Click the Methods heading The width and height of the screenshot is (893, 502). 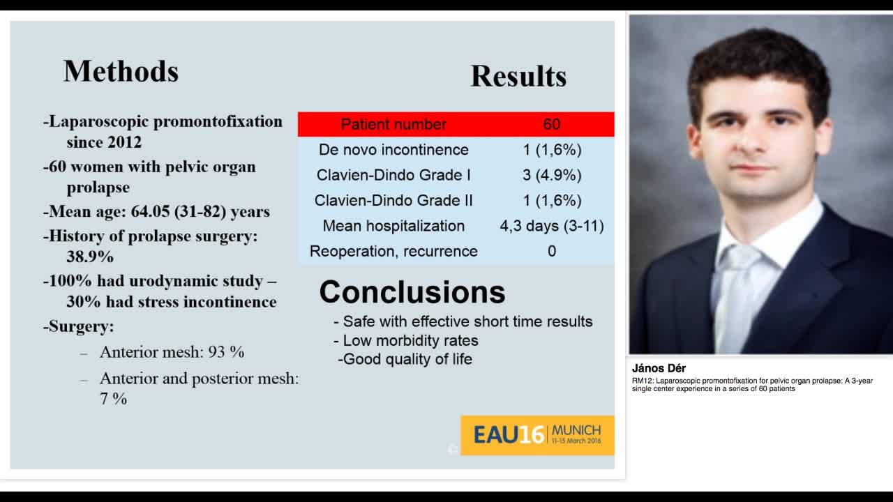pyautogui.click(x=121, y=71)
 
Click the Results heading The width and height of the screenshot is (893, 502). pyautogui.click(x=518, y=76)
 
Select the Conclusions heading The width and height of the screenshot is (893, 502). pyautogui.click(x=412, y=292)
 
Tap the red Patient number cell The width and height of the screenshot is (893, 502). pyautogui.click(x=393, y=124)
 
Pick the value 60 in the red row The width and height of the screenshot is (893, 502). pyautogui.click(x=551, y=124)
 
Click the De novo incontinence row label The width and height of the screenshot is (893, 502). pyautogui.click(x=393, y=149)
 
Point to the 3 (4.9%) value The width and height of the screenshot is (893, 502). pyautogui.click(x=551, y=175)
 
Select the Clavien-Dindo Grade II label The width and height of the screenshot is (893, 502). pyautogui.click(x=393, y=200)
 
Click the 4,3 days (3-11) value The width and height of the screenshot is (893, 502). pyautogui.click(x=551, y=226)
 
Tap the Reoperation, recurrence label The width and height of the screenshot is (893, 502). pyautogui.click(x=393, y=251)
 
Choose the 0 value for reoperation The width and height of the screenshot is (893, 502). pyautogui.click(x=551, y=251)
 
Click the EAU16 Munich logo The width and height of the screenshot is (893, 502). pyautogui.click(x=537, y=435)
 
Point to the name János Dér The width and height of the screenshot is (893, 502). pyautogui.click(x=659, y=368)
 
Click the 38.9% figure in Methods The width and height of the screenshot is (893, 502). pyautogui.click(x=90, y=257)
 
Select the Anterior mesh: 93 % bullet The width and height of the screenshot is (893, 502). pyautogui.click(x=172, y=352)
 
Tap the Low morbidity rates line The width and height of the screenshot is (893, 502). pyautogui.click(x=410, y=341)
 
